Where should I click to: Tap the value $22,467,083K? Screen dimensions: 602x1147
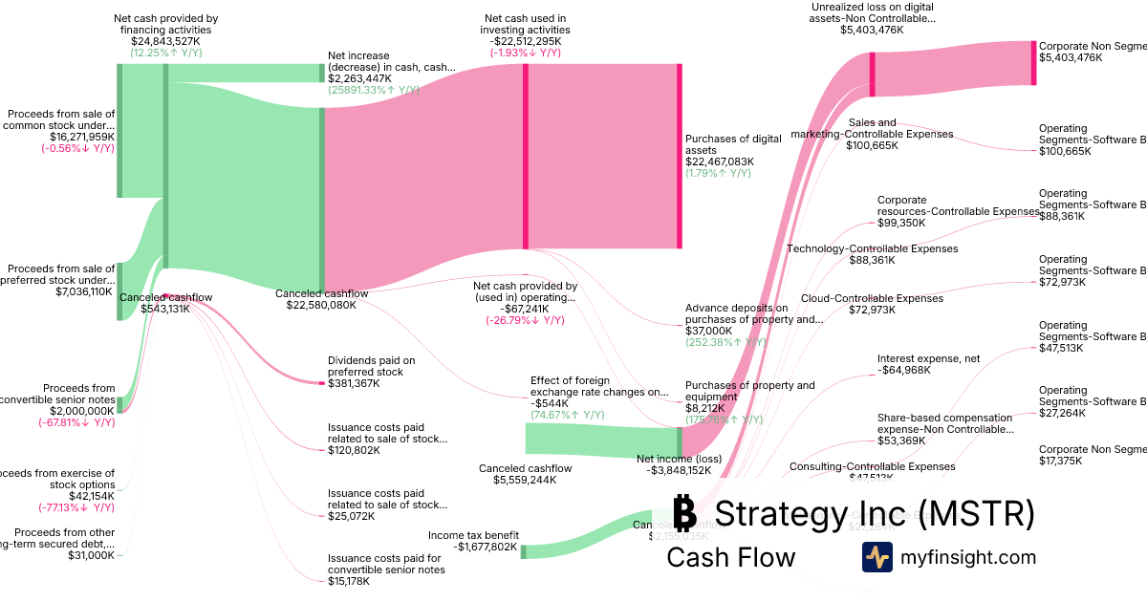(720, 161)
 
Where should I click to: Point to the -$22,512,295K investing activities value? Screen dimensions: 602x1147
(525, 41)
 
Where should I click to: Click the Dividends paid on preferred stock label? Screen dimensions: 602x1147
(371, 366)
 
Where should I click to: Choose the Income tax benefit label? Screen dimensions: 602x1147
(474, 535)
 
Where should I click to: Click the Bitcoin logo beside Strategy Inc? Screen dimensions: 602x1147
(684, 513)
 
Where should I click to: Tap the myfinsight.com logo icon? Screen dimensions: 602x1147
(876, 556)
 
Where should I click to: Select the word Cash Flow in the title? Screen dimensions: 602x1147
(730, 557)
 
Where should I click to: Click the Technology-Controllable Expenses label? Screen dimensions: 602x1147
(872, 248)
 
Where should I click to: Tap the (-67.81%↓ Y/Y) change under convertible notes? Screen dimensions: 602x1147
(76, 422)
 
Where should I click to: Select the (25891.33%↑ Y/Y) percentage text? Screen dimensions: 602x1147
(374, 90)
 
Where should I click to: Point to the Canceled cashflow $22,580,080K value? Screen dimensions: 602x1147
(321, 305)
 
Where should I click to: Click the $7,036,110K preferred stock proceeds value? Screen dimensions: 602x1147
(85, 291)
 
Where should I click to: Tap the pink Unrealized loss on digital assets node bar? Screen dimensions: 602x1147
(873, 74)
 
